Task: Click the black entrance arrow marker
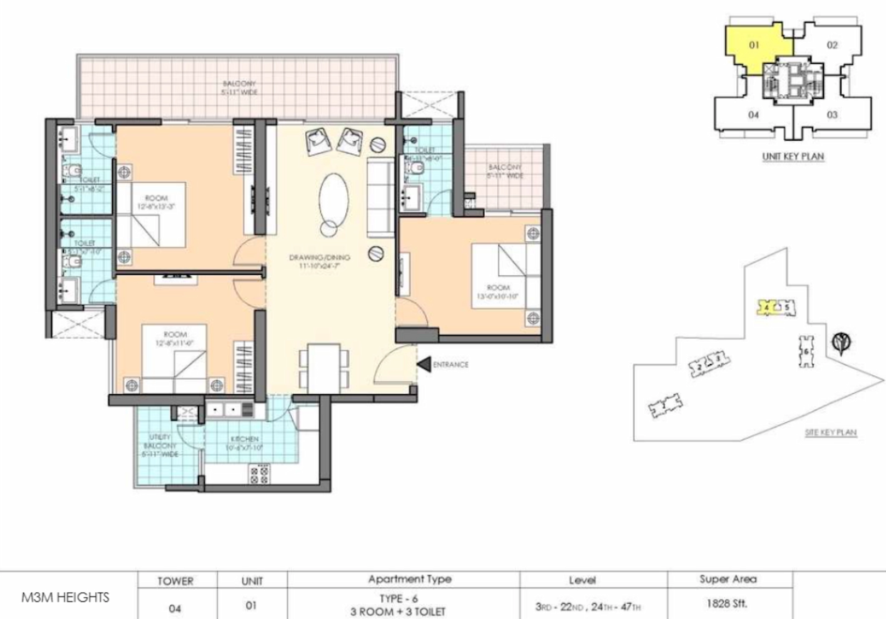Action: click(x=424, y=365)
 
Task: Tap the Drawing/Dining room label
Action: click(x=320, y=261)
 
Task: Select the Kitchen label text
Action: click(x=244, y=443)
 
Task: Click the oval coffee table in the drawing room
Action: click(x=333, y=199)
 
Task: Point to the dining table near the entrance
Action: click(x=324, y=367)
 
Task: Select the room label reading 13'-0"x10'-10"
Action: click(x=498, y=292)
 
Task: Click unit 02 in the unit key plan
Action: click(x=832, y=45)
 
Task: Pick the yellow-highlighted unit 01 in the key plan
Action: click(x=754, y=45)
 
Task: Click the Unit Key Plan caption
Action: click(x=793, y=157)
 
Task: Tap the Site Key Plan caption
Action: click(x=831, y=433)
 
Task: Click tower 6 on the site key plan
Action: click(x=806, y=351)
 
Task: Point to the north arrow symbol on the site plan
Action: click(x=841, y=343)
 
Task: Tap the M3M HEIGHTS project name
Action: click(x=65, y=597)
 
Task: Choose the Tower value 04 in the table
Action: click(x=175, y=608)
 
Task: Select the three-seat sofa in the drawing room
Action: click(x=380, y=197)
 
